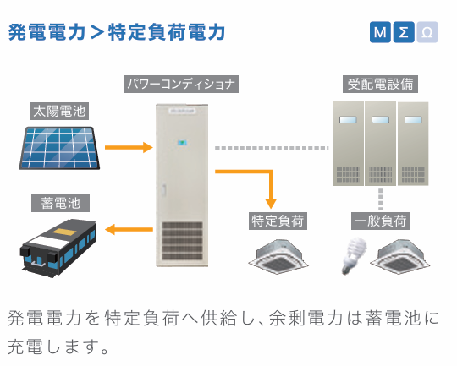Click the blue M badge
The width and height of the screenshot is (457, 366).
coord(380,32)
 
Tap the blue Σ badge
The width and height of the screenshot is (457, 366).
coord(404,32)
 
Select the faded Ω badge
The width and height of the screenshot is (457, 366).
coord(427,32)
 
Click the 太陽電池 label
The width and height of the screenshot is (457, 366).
coord(59,111)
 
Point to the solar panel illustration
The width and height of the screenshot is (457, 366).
coord(59,148)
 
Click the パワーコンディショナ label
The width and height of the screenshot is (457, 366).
coord(181,85)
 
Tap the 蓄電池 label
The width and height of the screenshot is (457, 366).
coord(60,203)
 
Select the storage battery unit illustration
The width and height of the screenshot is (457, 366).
coord(58,247)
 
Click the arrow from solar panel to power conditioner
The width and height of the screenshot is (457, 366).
coord(129,147)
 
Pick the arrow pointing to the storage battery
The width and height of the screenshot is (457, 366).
coord(129,229)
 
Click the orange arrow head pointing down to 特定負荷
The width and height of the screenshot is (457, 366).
coord(271,204)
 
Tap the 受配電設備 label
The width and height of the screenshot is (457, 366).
coord(380,85)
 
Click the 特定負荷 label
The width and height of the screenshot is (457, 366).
coord(278,221)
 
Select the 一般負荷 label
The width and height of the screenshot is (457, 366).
coord(380,221)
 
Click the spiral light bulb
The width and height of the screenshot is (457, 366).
coord(354,255)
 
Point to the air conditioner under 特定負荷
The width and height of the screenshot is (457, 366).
coord(278,256)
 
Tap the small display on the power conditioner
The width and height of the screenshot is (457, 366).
coord(182,143)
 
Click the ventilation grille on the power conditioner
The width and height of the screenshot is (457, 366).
coord(182,241)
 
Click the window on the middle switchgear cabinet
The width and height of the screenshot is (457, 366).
coord(380,120)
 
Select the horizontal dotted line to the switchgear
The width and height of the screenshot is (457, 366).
coord(272,148)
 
